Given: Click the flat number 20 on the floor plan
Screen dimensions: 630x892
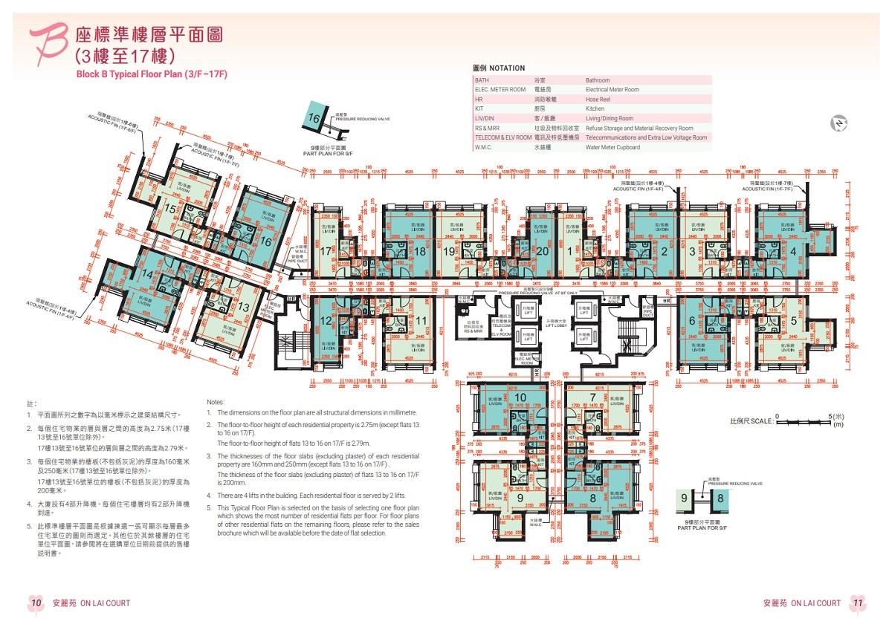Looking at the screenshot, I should coord(542,252).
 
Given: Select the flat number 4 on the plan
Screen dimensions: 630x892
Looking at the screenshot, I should coord(794,251).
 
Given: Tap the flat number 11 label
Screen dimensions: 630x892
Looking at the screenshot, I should coord(421,321).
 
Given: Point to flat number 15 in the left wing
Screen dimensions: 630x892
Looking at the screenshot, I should coord(170,210).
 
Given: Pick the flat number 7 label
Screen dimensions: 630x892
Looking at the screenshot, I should coord(592,397).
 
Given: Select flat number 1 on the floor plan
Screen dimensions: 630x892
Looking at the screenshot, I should coord(569,252).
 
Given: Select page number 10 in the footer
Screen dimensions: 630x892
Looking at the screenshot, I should coord(36,603).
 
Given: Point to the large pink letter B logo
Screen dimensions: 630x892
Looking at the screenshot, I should coord(47,43).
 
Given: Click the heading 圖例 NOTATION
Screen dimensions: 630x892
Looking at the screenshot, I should coord(499,68).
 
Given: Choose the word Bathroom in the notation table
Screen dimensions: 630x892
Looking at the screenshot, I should coord(597,80).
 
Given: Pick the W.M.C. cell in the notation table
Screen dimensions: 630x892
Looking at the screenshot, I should coord(485,147).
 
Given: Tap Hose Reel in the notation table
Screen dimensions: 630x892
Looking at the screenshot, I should coord(598,100).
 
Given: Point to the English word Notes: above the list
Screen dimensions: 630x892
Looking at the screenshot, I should coord(216,401).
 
